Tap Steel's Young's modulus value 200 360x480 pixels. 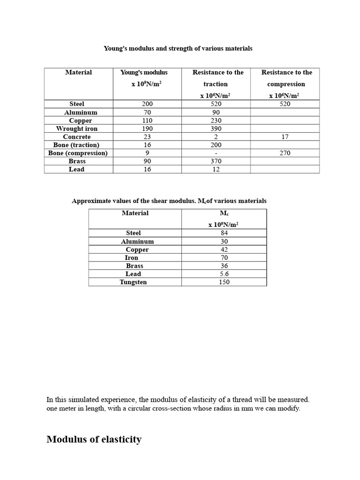pos(147,104)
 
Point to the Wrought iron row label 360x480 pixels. pos(77,128)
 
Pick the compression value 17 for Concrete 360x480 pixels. pos(285,137)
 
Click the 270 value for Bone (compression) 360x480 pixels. pos(285,153)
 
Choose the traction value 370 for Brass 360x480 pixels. pos(216,161)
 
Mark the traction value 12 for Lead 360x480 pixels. pos(216,169)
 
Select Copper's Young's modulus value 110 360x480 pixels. pos(147,120)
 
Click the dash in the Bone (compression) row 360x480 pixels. pos(216,153)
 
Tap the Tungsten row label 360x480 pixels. pos(133,282)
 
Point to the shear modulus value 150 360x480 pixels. pos(224,282)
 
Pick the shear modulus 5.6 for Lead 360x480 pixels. pos(224,274)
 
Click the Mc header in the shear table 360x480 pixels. pos(224,213)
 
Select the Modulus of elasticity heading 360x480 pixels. pos(94,439)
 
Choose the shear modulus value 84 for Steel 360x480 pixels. pos(224,233)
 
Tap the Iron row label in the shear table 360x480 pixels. pos(132,258)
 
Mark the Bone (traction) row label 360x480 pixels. pos(76,145)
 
